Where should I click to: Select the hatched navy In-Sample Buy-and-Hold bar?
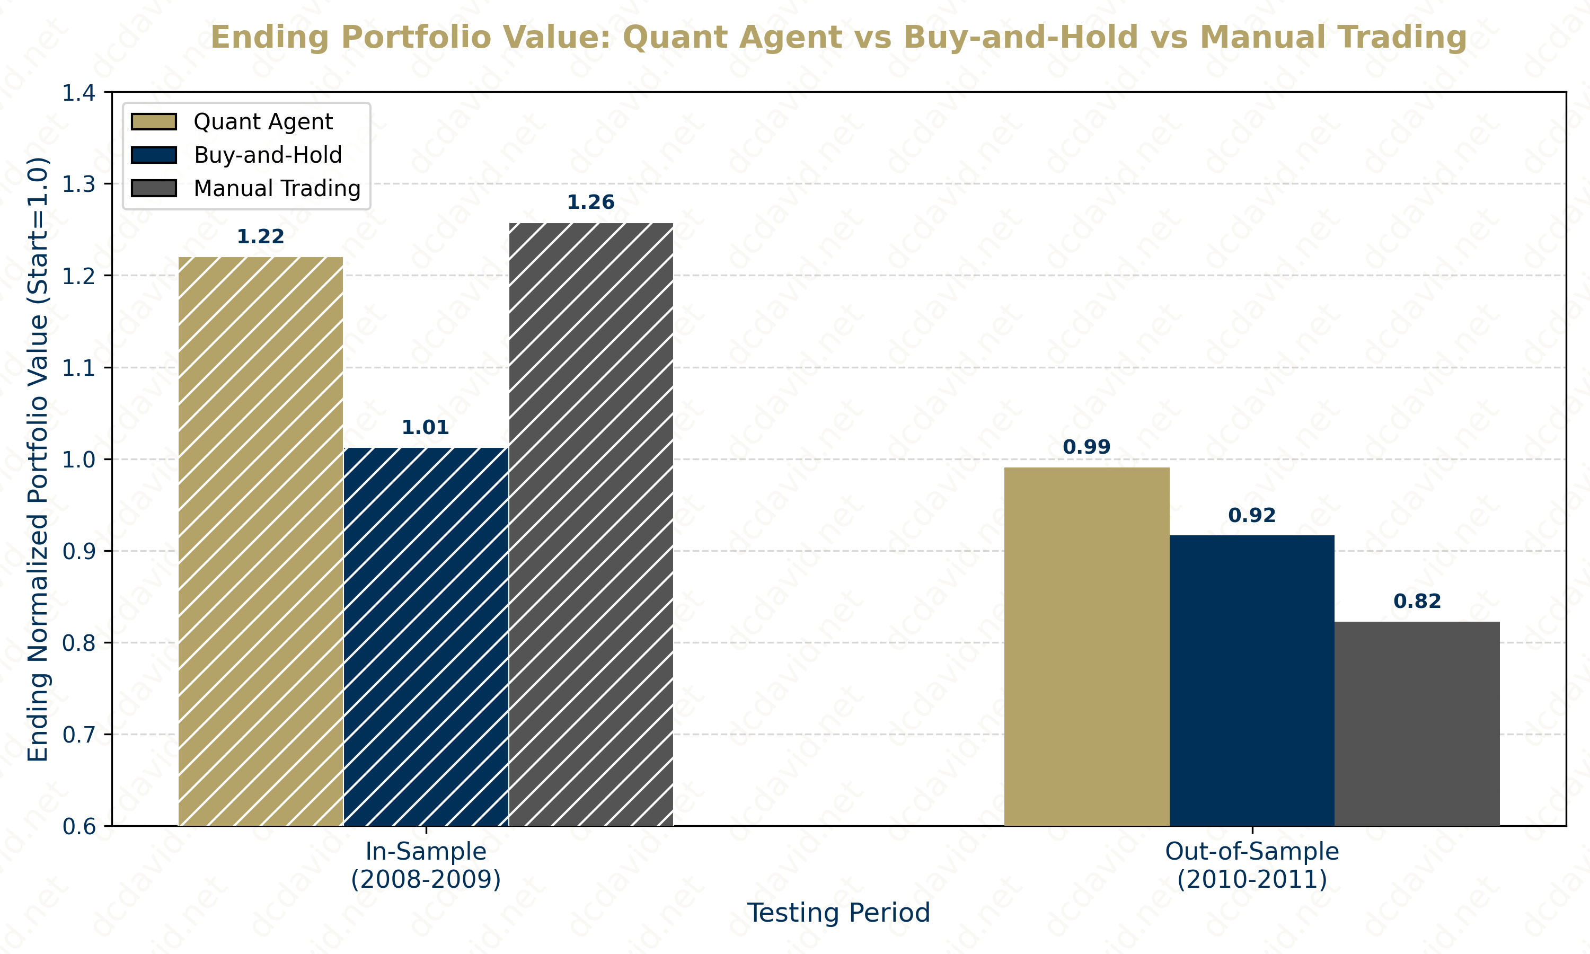pyautogui.click(x=426, y=637)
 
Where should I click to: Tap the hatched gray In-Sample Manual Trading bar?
pyautogui.click(x=590, y=524)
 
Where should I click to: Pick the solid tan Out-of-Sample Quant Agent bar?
pyautogui.click(x=1086, y=646)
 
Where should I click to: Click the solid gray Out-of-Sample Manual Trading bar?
pyautogui.click(x=1417, y=723)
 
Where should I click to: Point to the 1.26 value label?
pyautogui.click(x=590, y=202)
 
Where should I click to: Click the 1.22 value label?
pyautogui.click(x=260, y=236)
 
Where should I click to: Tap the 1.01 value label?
pyautogui.click(x=425, y=428)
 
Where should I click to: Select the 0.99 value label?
pyautogui.click(x=1086, y=447)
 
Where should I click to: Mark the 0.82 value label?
pyautogui.click(x=1417, y=601)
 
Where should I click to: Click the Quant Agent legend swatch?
pyautogui.click(x=154, y=121)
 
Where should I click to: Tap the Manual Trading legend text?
pyautogui.click(x=277, y=188)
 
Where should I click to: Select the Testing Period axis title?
pyautogui.click(x=838, y=913)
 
